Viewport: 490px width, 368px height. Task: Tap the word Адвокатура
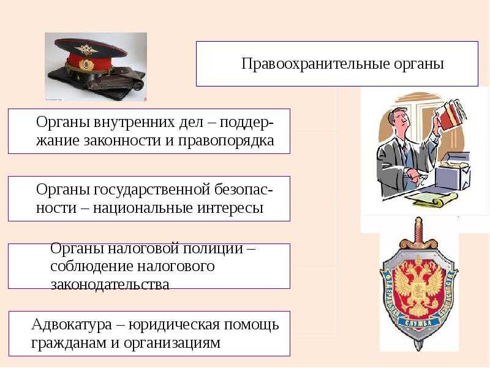(72, 325)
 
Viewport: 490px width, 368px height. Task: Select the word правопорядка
(226, 141)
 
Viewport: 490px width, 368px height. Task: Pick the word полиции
(213, 249)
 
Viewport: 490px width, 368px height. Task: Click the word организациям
(172, 343)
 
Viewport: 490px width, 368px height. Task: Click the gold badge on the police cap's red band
(86, 64)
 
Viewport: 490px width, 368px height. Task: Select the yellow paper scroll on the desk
(435, 199)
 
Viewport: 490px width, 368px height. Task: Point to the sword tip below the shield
(418, 347)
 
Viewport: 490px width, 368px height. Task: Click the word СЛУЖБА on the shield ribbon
(418, 323)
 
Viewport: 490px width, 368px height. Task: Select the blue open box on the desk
(453, 171)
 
